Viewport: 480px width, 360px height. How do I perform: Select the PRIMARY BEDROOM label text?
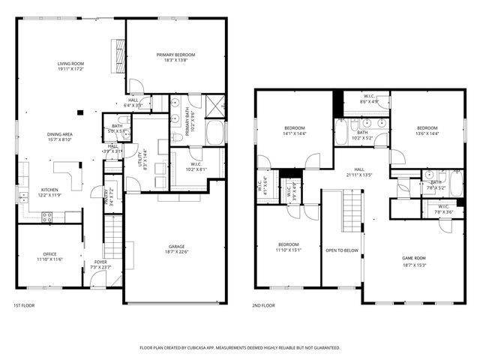[175, 55]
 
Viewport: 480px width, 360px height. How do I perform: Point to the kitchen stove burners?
[46, 217]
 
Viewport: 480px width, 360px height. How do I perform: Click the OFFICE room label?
[49, 255]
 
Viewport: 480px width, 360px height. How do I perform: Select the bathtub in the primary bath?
[215, 133]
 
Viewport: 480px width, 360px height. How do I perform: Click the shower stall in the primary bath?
[215, 104]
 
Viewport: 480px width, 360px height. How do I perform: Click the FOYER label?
[100, 262]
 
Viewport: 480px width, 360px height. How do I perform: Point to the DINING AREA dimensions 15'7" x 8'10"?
[59, 139]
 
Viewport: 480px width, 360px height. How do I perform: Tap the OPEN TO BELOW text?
[341, 250]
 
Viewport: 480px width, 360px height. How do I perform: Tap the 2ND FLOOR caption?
[264, 305]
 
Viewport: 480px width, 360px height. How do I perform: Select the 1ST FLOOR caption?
[24, 305]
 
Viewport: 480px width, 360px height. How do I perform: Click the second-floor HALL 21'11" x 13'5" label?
[360, 173]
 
